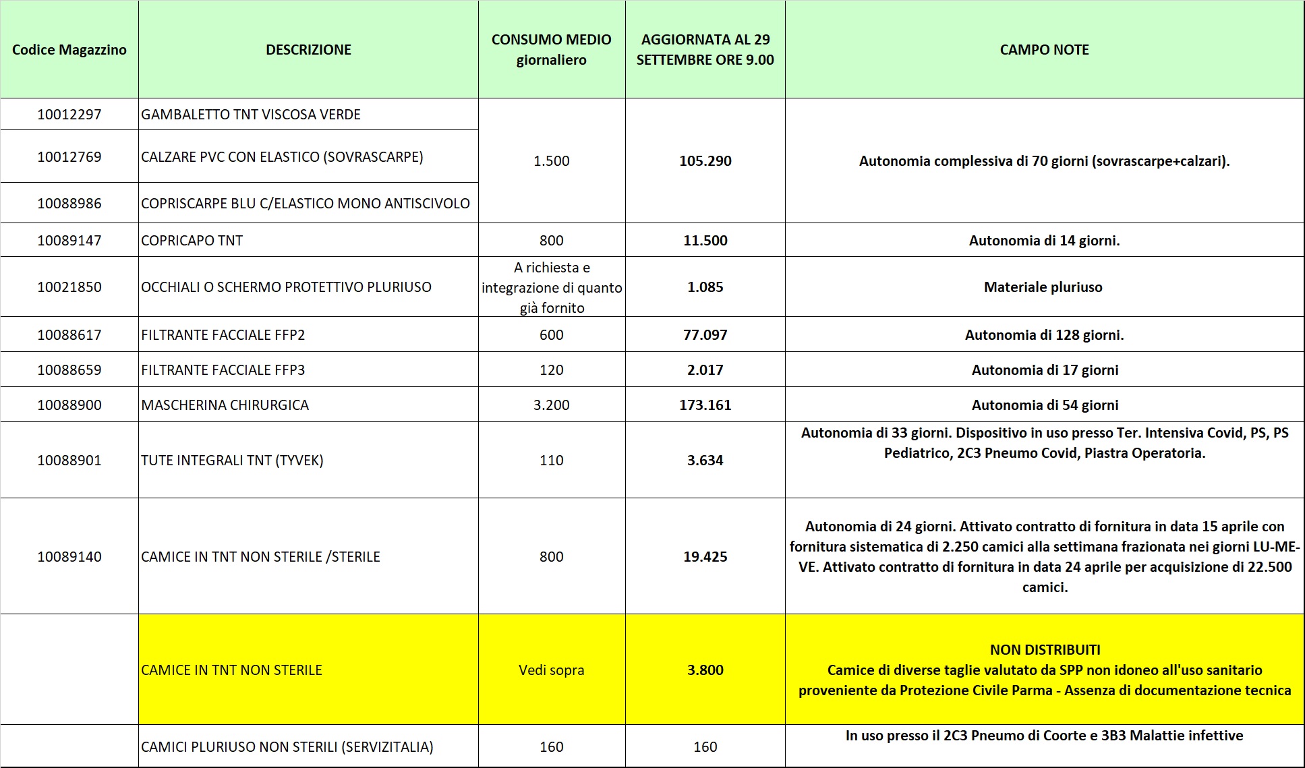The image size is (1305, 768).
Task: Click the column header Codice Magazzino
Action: pos(69,50)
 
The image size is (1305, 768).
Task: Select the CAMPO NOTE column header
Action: pos(1044,50)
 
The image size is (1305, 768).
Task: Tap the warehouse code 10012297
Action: pos(69,115)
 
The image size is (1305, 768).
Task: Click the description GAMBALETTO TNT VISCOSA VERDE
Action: pos(251,115)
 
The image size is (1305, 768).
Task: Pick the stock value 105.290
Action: pos(705,161)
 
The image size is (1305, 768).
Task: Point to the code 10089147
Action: pos(69,241)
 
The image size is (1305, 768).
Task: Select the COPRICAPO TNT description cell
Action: pos(192,241)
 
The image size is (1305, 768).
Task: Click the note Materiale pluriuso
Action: pos(1043,287)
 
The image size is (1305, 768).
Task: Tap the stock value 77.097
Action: pos(705,335)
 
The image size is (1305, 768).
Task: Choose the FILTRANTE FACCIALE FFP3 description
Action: pos(223,370)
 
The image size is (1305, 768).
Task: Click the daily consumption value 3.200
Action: pos(551,405)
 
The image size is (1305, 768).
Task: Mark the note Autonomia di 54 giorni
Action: pos(1045,405)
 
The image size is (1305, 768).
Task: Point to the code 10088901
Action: pos(69,461)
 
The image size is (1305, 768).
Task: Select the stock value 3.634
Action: pos(705,461)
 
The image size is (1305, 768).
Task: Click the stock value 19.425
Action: pos(705,557)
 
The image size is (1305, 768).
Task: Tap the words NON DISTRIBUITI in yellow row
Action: pos(1045,650)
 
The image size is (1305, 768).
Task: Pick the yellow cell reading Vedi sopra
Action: pos(551,670)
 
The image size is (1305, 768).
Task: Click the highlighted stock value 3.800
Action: pos(705,670)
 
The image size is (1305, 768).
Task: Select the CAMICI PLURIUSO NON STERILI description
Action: pos(287,747)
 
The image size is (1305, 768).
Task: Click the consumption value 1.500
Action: pos(551,161)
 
